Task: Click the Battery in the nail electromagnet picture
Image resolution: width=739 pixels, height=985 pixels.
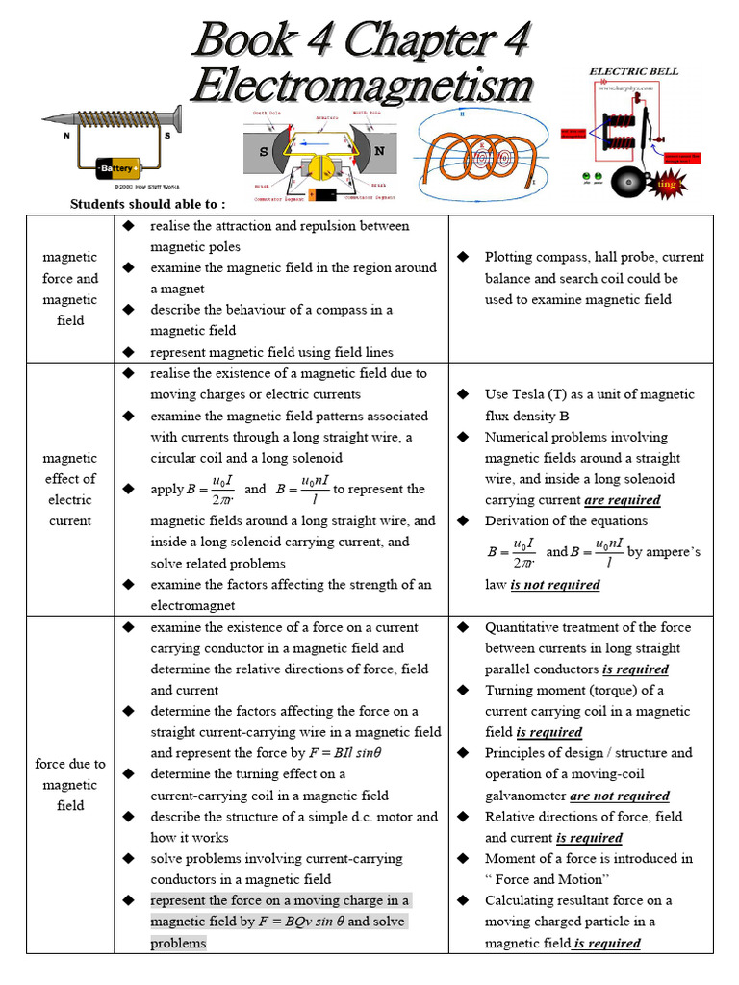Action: tap(120, 169)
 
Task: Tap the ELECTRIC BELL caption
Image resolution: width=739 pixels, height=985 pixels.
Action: tap(633, 71)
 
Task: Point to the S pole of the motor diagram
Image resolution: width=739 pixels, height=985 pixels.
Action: tap(262, 152)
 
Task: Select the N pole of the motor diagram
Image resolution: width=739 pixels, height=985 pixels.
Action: tap(379, 151)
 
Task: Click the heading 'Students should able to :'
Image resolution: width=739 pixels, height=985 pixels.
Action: tap(148, 204)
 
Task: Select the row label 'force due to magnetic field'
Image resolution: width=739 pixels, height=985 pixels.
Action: tap(70, 785)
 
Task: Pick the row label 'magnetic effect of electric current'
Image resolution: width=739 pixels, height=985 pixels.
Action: tap(70, 490)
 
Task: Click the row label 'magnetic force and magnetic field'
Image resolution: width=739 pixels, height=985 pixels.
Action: tap(70, 289)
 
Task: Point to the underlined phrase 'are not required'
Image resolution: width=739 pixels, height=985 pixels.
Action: tap(619, 796)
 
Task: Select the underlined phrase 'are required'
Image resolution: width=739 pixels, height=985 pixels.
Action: tap(622, 500)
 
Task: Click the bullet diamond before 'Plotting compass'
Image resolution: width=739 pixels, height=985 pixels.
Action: tap(463, 257)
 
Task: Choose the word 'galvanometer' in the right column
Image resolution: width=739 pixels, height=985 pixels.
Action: tap(525, 796)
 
